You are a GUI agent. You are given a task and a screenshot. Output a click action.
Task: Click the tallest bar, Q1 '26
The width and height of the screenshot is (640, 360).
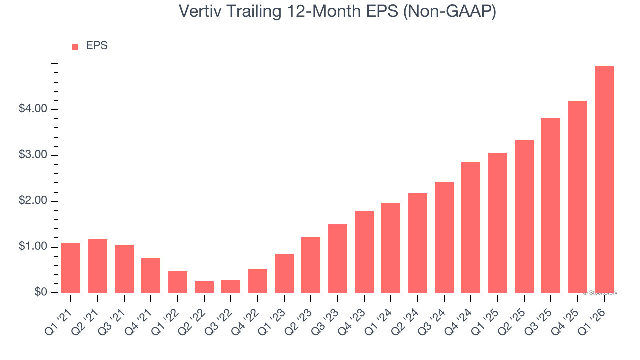point(604,179)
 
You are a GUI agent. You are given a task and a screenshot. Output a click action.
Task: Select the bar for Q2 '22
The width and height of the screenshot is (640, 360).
point(204,287)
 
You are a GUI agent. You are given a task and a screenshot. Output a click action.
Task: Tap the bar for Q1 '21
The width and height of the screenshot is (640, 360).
point(71,268)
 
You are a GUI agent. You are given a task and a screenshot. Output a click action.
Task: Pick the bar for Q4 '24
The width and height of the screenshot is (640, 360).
point(471,227)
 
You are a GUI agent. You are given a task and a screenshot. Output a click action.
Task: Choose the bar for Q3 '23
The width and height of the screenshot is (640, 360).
point(337,258)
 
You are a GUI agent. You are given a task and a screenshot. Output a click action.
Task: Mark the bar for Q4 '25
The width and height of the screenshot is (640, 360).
point(577,197)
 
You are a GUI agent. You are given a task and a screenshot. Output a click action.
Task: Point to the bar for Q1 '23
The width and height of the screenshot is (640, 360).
point(284,273)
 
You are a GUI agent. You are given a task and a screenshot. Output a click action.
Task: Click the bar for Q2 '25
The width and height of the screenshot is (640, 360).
point(524,216)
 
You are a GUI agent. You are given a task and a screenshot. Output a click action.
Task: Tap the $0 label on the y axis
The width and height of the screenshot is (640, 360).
point(40,293)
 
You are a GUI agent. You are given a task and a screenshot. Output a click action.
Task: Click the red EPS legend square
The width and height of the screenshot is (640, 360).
point(75,47)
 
